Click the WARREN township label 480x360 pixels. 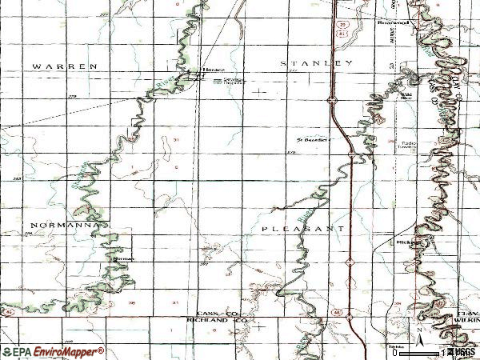pos(65,64)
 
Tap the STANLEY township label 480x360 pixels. pos(316,62)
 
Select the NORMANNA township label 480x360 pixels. pos(66,226)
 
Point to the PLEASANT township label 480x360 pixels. pos(303,228)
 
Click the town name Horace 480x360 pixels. pos(213,70)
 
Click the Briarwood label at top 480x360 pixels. pos(393,23)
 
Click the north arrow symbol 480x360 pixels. pos(418,330)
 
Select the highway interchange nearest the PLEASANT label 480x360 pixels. pos(350,261)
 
